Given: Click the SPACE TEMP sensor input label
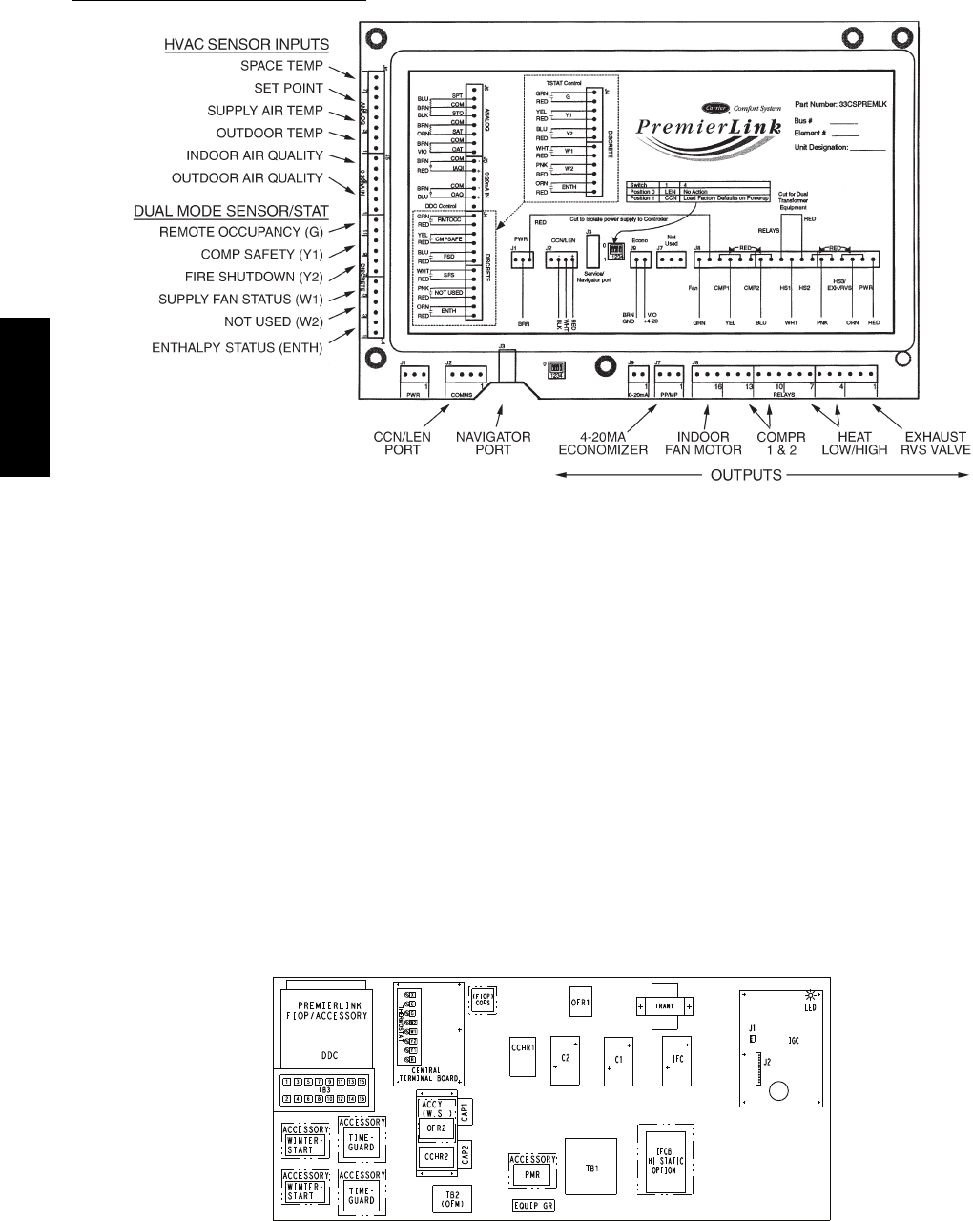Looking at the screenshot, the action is click(281, 66).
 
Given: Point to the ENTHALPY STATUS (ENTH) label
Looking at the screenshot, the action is click(238, 348).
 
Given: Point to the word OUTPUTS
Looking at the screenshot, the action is click(749, 474).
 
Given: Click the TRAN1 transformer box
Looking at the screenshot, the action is click(664, 1006).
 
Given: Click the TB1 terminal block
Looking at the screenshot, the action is click(589, 1166).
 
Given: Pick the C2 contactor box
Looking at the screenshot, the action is click(565, 1059).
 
